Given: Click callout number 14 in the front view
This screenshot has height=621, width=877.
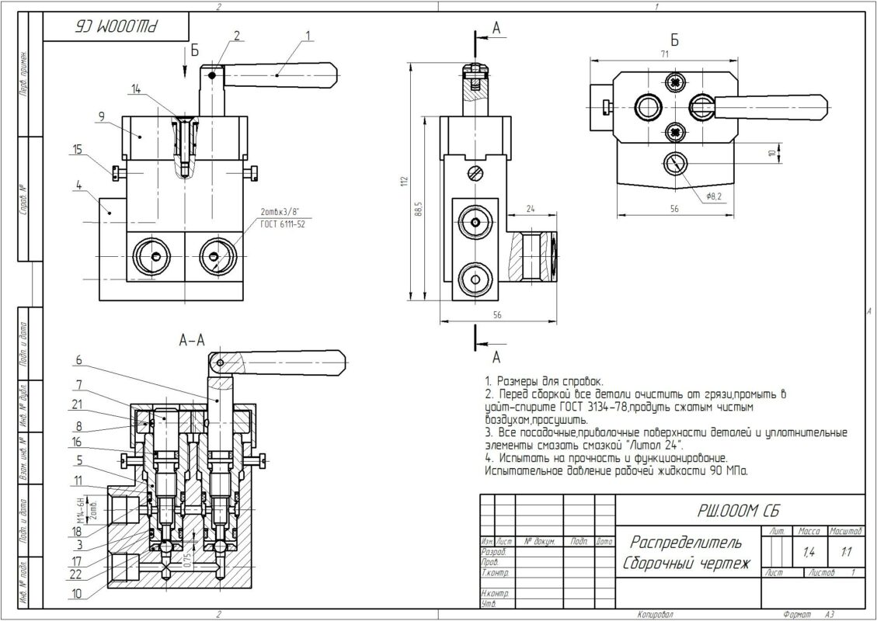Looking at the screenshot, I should click(x=137, y=90).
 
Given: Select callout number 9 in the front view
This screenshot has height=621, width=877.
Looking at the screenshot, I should click(x=101, y=116).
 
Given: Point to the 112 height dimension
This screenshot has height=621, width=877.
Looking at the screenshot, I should click(x=403, y=182).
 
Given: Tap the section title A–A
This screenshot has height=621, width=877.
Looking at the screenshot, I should click(x=192, y=339).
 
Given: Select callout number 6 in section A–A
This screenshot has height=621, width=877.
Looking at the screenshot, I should click(x=78, y=359).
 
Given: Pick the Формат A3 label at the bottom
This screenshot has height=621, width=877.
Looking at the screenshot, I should click(x=809, y=614).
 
